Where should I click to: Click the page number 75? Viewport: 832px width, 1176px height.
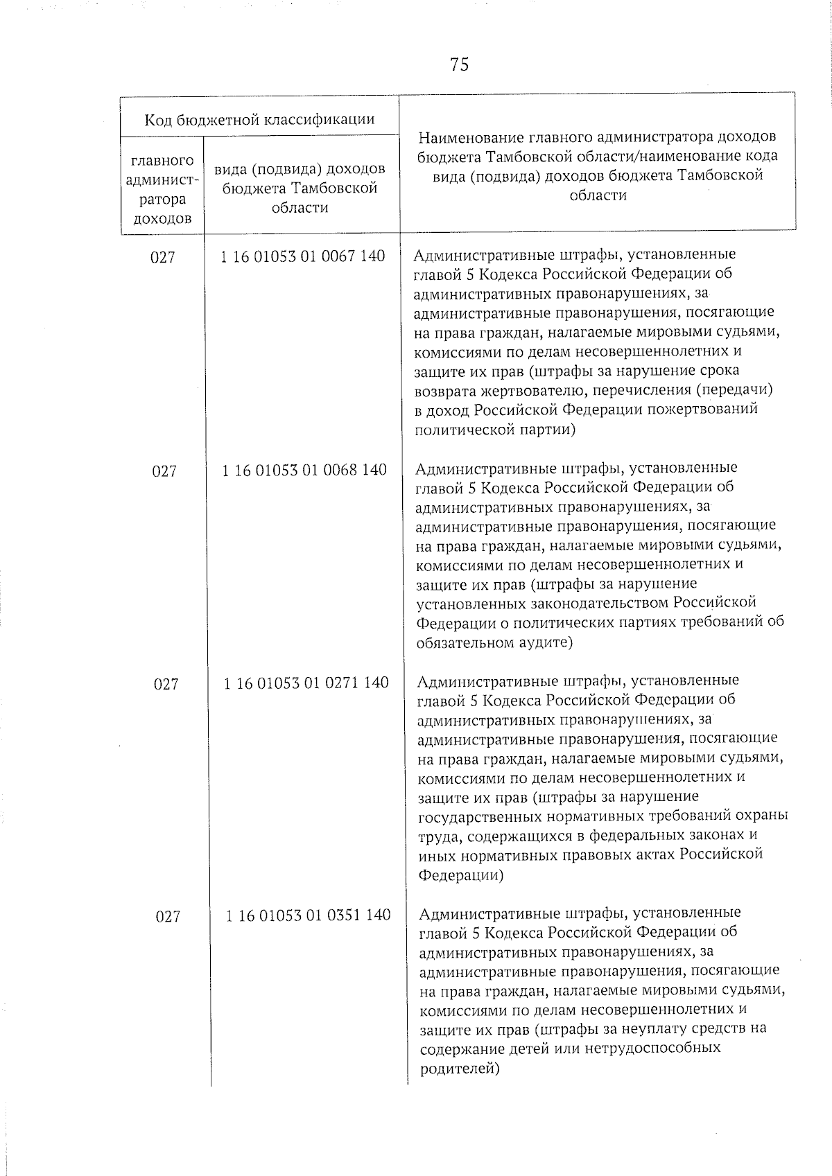coord(459,64)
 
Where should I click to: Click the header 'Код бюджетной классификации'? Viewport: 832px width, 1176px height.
coord(259,119)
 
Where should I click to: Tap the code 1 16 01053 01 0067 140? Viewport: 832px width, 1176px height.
coord(302,256)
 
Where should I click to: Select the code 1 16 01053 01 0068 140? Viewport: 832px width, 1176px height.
coord(304,470)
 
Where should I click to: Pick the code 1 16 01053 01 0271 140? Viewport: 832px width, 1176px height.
coord(306,683)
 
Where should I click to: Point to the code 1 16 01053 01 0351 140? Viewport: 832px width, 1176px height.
coord(308,915)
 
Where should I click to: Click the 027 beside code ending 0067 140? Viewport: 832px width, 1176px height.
coord(163,257)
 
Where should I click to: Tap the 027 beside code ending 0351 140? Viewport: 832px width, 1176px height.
coord(168,917)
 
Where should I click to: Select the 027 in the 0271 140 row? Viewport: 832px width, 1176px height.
coord(166,685)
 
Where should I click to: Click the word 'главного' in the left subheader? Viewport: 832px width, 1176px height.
coord(162,161)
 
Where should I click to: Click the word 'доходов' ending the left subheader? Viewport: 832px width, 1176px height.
coord(162,219)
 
